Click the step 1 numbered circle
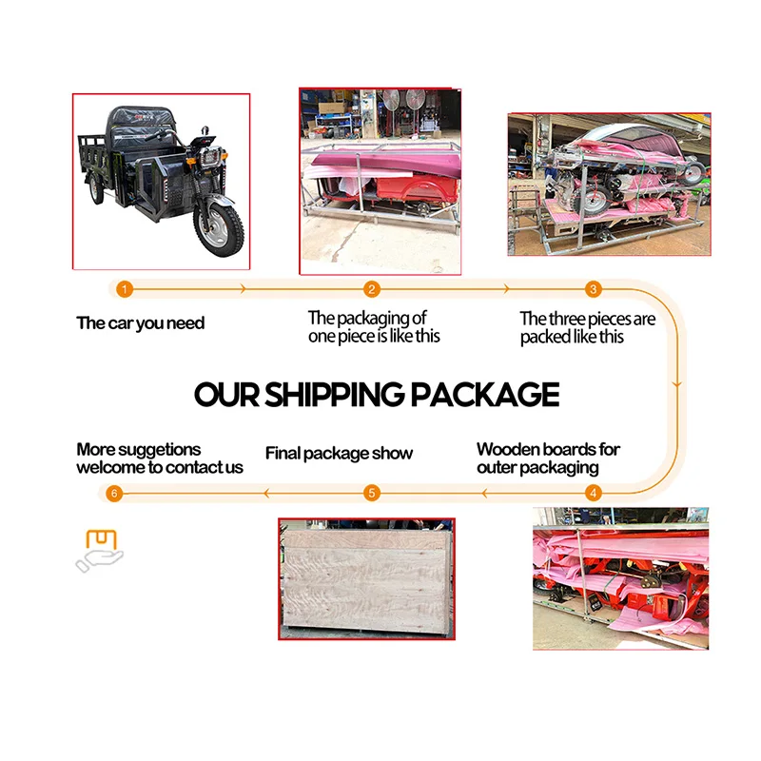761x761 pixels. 125,289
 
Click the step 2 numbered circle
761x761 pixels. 372,289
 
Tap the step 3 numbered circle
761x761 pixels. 593,289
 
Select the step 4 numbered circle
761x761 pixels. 594,493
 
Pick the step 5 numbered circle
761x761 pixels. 372,493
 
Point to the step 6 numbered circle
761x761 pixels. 114,493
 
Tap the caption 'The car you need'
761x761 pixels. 141,323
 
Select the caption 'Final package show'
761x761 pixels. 339,453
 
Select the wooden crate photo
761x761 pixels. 366,578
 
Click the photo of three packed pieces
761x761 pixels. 609,185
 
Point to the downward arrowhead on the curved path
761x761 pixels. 677,383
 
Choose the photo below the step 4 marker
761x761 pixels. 620,578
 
